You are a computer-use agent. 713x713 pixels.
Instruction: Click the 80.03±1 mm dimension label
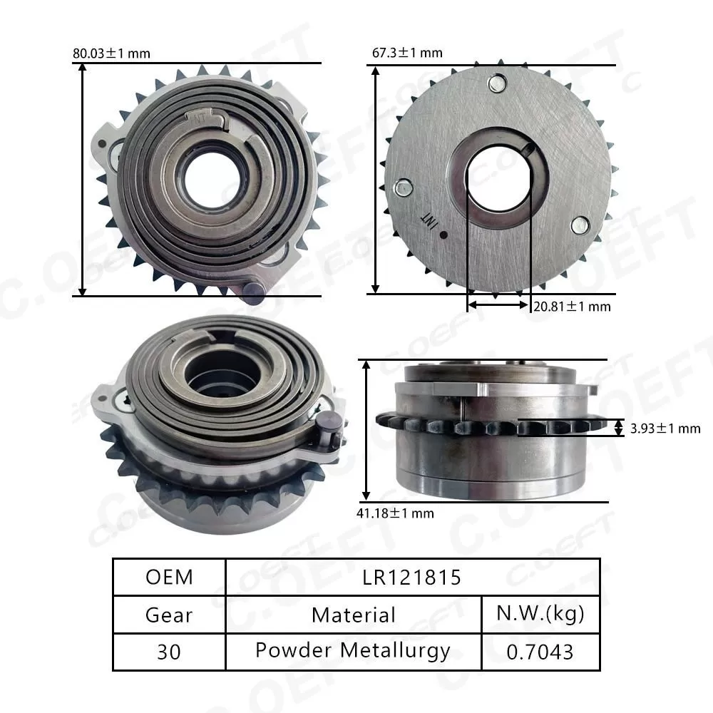[x=111, y=53]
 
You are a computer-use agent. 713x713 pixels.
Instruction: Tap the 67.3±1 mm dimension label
[x=407, y=53]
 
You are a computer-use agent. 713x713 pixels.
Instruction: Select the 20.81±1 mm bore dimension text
[x=572, y=307]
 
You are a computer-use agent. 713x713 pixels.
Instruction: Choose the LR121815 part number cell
[x=413, y=577]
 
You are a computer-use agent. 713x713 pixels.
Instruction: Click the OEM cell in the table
[x=169, y=577]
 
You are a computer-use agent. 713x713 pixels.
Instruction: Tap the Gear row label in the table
[x=169, y=614]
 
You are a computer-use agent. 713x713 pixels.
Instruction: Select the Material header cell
[x=354, y=614]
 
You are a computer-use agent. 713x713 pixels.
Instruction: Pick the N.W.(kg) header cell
[x=540, y=614]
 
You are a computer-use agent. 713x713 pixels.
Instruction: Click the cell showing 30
[x=169, y=651]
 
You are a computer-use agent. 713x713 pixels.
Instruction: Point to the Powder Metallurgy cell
[x=354, y=651]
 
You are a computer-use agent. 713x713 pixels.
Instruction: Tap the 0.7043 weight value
[x=540, y=651]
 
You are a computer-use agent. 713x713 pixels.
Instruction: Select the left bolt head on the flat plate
[x=403, y=188]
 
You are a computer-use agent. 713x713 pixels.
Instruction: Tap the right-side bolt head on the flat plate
[x=580, y=226]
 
